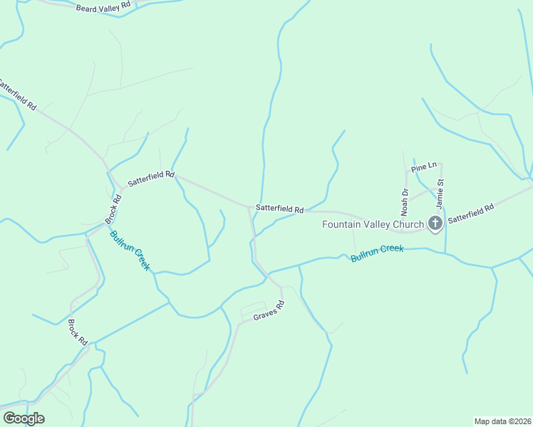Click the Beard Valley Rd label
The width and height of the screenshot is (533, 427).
coord(103,6)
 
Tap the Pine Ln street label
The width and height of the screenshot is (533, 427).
coord(423,167)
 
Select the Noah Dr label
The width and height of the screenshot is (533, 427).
coord(405,202)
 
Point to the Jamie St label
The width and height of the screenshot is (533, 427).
coord(440,193)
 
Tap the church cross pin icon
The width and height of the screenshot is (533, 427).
coord(435,224)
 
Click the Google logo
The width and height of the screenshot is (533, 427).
coord(24,418)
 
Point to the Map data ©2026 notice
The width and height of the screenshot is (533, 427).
coord(502,421)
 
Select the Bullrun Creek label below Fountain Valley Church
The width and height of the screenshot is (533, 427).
coord(377,253)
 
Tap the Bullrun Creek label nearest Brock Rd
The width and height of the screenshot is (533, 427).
coord(130,250)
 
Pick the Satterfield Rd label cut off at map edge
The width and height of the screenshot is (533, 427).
coord(17,95)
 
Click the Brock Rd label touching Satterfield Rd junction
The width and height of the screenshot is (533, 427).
coord(114,207)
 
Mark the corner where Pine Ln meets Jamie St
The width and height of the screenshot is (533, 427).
coord(441,164)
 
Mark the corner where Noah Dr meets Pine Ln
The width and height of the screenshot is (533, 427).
coord(407,172)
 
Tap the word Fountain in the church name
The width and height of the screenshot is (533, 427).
coord(341,224)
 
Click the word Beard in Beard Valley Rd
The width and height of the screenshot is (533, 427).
coord(86,7)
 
